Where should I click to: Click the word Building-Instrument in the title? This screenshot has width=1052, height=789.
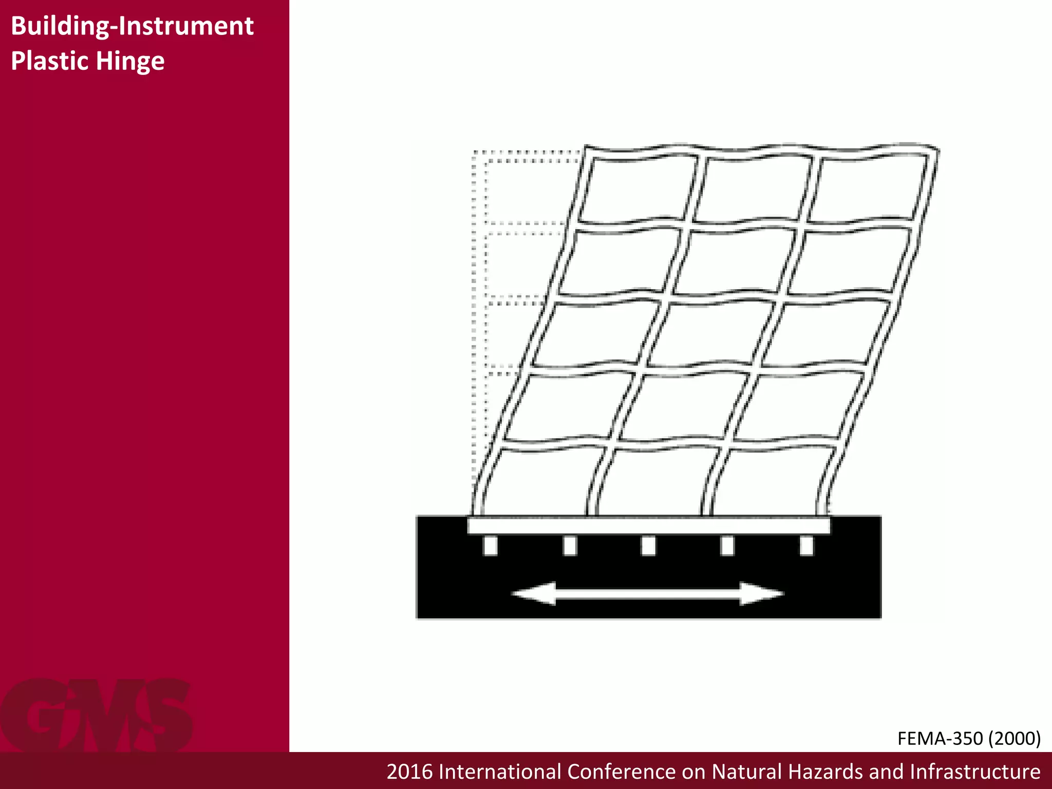(x=132, y=26)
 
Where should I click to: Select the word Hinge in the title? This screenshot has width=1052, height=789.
(x=130, y=62)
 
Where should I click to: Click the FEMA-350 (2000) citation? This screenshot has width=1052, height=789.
(x=969, y=738)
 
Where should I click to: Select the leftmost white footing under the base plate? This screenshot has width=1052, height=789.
(x=491, y=546)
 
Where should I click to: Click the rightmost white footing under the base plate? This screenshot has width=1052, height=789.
(x=806, y=546)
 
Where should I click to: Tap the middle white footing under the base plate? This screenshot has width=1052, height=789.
(x=648, y=546)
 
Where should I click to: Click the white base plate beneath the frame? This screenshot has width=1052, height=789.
(x=648, y=525)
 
